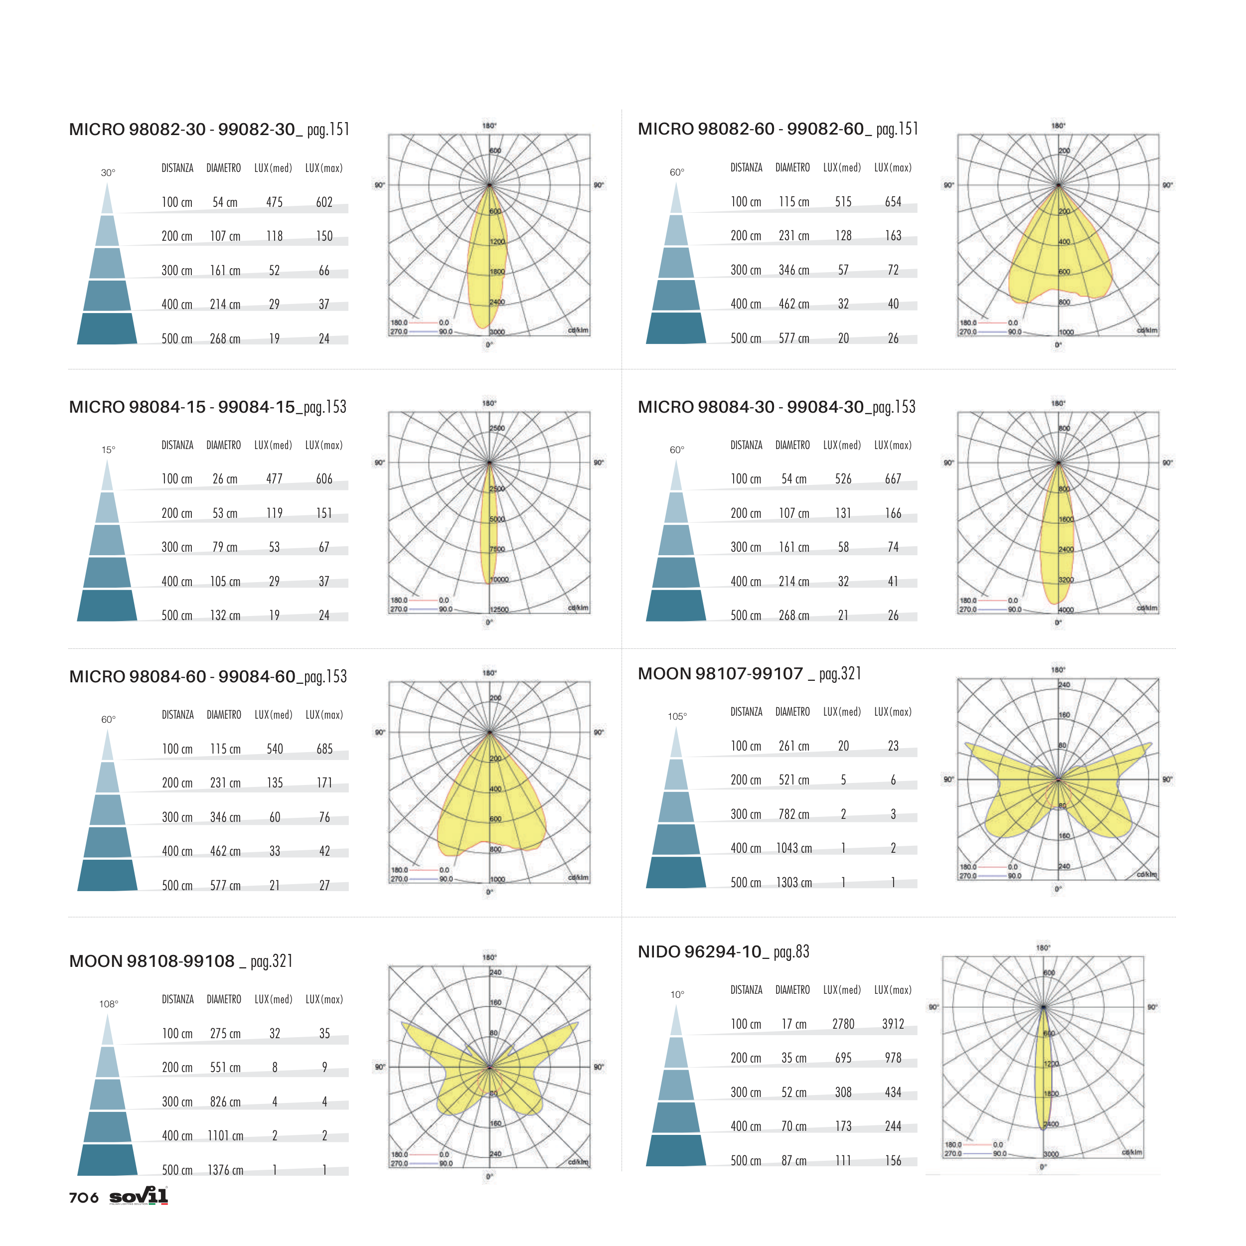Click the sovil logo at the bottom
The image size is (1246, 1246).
139,1196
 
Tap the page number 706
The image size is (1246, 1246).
84,1198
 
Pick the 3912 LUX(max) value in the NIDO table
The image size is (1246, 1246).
893,1024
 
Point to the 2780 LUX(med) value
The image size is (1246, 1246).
843,1024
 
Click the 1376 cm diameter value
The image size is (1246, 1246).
225,1170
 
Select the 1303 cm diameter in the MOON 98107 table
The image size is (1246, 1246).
794,882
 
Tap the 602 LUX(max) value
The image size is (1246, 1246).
324,202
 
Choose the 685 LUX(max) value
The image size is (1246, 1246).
324,749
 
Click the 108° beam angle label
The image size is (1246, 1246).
108,1004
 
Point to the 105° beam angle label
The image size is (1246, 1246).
677,717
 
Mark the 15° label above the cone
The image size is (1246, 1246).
108,450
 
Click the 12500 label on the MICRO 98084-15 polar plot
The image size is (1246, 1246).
498,610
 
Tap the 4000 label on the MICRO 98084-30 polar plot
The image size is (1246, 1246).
1066,610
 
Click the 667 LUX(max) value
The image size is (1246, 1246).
893,478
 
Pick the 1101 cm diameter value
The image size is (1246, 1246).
225,1136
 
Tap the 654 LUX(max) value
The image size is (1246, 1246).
893,202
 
